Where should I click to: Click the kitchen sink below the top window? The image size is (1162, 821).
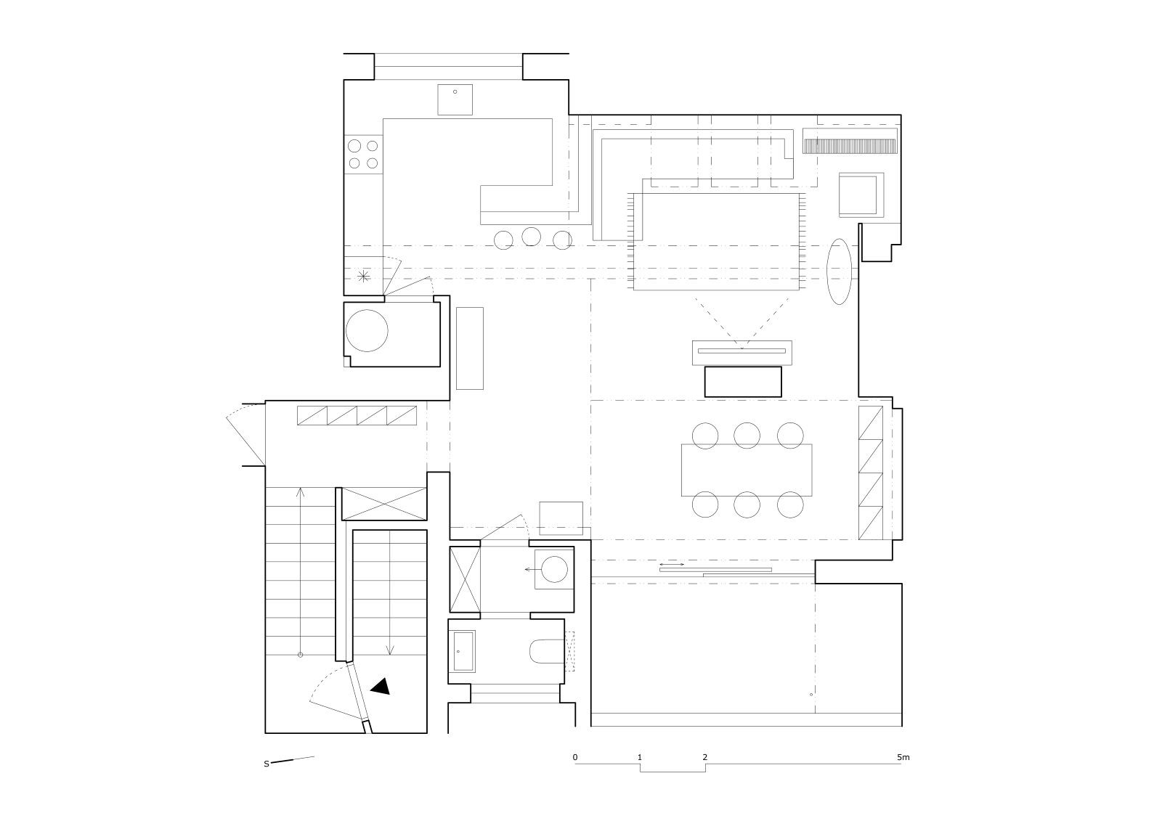click(x=455, y=99)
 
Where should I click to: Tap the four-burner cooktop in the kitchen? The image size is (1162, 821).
click(x=363, y=154)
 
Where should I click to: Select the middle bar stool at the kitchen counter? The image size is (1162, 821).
click(x=531, y=237)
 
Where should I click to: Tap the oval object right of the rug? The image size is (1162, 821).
click(x=839, y=271)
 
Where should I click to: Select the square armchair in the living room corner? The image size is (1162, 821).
click(x=861, y=195)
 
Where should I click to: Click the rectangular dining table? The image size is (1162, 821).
click(x=747, y=470)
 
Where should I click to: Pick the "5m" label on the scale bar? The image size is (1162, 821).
click(x=903, y=757)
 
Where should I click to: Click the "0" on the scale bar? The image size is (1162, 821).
click(x=574, y=757)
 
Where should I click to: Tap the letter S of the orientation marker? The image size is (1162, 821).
click(x=267, y=764)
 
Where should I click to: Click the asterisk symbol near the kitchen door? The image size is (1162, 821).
click(x=364, y=276)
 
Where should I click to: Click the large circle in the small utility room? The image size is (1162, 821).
click(x=367, y=331)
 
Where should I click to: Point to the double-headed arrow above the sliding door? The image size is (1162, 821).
click(x=672, y=564)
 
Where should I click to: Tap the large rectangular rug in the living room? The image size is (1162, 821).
click(x=716, y=242)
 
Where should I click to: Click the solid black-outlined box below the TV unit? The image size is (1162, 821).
click(x=743, y=382)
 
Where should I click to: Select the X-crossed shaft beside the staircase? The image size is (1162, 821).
click(x=384, y=504)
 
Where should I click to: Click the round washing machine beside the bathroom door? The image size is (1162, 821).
click(x=553, y=569)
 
